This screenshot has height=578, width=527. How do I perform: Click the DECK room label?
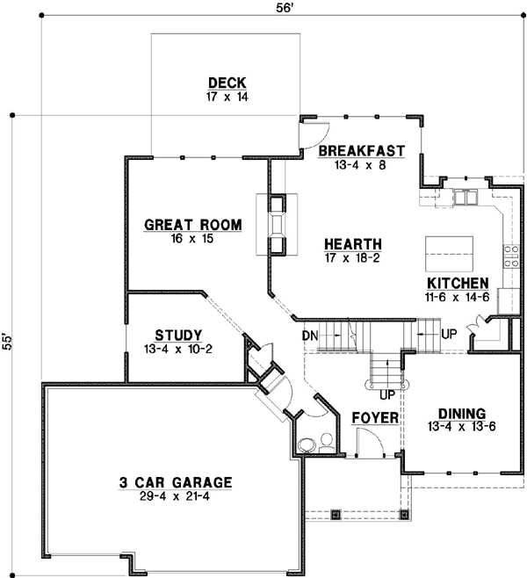[227, 83]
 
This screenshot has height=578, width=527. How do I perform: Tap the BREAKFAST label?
[356, 150]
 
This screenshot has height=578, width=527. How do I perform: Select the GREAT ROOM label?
[192, 226]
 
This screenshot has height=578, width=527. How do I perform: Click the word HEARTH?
[351, 244]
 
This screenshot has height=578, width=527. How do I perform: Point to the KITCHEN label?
[457, 283]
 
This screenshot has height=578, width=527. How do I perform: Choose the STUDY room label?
[178, 335]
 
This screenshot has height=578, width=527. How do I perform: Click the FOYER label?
[375, 417]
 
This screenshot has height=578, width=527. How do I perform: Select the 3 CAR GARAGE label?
[176, 481]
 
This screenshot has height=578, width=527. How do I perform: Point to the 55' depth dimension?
[7, 341]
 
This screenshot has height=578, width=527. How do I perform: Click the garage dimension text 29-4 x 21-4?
[176, 495]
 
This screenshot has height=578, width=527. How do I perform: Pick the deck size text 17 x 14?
[227, 96]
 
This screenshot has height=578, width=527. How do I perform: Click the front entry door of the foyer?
[372, 448]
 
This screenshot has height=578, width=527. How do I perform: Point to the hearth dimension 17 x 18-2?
[351, 258]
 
